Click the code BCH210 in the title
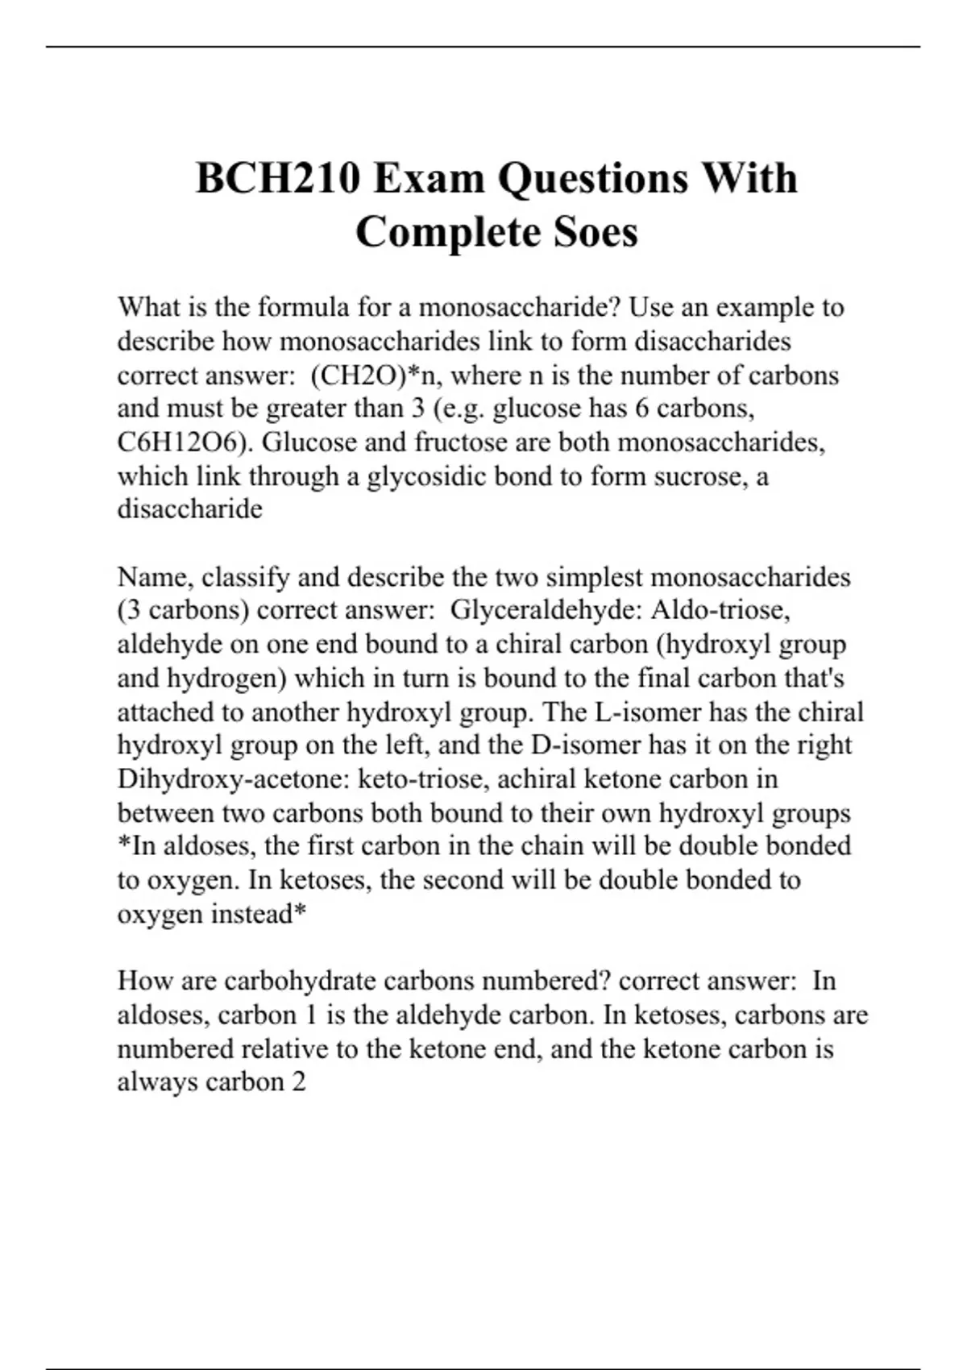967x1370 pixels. [x=278, y=178]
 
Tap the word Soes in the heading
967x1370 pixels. [x=596, y=233]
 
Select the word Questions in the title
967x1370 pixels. [x=592, y=178]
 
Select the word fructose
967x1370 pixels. [x=454, y=442]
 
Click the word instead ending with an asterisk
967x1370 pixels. [x=259, y=914]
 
